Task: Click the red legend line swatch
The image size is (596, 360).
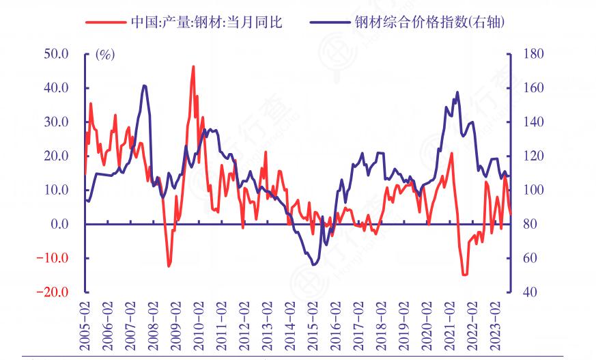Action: coord(105,22)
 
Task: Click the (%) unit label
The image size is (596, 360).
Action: coord(104,55)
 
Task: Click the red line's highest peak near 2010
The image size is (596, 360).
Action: coord(193,66)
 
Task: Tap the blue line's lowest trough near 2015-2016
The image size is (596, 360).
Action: coord(314,264)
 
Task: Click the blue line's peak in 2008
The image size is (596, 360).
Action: coord(144,85)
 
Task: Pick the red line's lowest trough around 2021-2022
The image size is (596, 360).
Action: coord(465,275)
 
